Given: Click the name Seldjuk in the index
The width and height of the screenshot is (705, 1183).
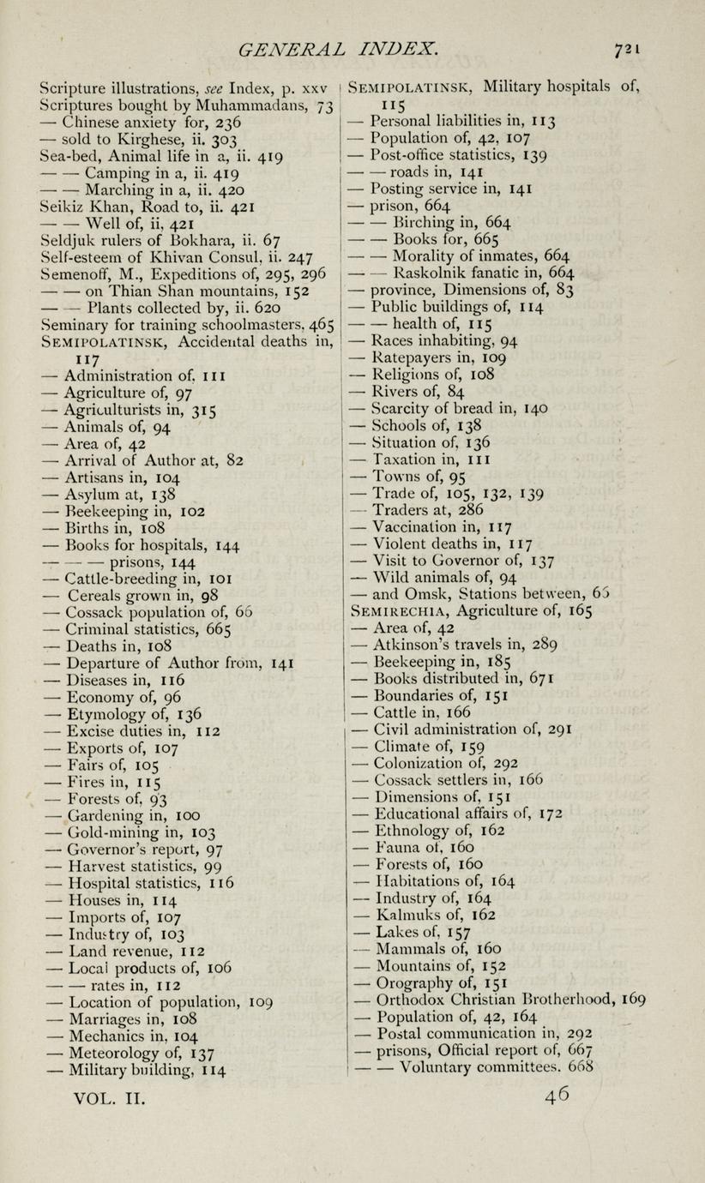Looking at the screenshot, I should click(x=68, y=239).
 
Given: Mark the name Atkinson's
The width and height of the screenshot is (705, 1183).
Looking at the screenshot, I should click(x=415, y=645).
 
